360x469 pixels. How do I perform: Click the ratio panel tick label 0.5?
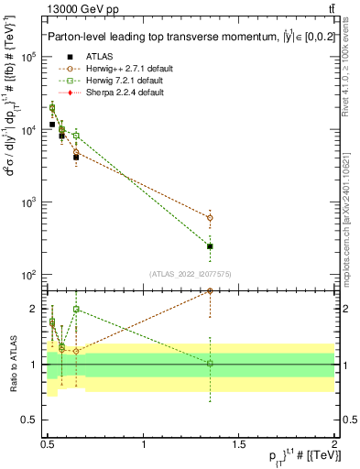coord(27,420)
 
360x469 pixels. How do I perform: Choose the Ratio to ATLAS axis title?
coord(11,364)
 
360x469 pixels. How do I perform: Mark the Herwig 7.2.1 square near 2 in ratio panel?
coord(76,310)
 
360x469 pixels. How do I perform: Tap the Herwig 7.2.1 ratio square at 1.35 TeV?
coord(210,364)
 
